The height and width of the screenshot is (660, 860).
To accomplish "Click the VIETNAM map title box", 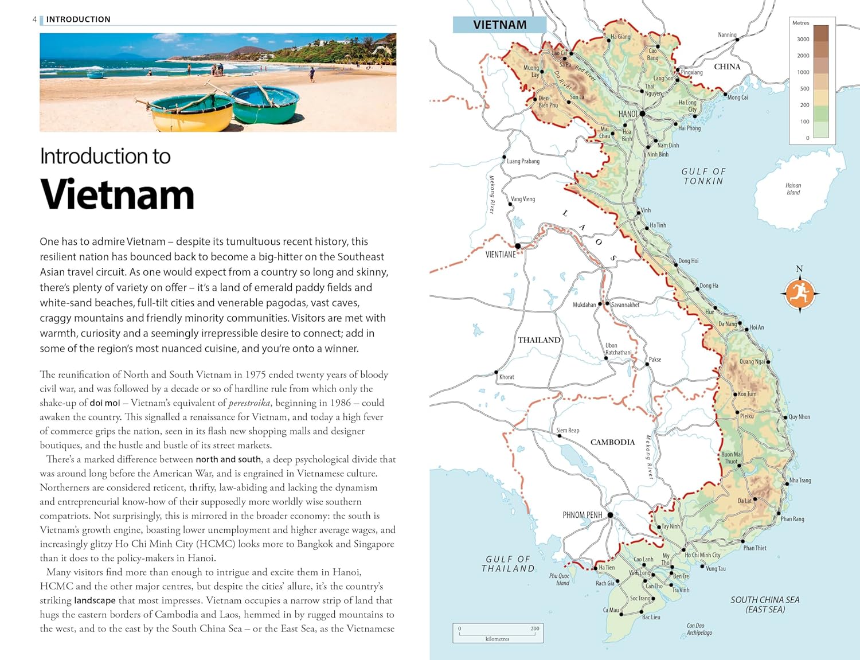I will click(x=499, y=25).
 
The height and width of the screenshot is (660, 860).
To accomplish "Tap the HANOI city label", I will click(x=628, y=114).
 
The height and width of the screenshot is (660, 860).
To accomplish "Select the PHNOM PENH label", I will click(x=582, y=515).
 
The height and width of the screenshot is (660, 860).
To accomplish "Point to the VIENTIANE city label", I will click(x=501, y=255).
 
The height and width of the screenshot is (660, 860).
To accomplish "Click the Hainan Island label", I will click(x=793, y=189).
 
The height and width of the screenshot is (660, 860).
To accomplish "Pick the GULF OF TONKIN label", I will click(x=703, y=176).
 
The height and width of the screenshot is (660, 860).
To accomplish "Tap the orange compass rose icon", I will click(x=799, y=293).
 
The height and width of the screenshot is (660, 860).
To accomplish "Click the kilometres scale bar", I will click(x=497, y=633).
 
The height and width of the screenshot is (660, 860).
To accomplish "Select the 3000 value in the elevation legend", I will click(x=803, y=39).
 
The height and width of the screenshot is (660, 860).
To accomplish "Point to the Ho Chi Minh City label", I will click(x=702, y=555).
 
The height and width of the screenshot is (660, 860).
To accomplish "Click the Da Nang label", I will click(x=728, y=324).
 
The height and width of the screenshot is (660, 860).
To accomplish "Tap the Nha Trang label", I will click(x=800, y=481).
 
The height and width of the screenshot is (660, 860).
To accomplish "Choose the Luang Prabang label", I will click(x=523, y=161).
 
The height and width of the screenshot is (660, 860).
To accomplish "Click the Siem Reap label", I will click(x=568, y=430).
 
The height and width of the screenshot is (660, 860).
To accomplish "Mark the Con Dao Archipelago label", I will click(x=699, y=629).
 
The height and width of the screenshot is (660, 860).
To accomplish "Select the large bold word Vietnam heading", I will click(x=118, y=195).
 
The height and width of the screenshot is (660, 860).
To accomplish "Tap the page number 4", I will click(x=34, y=19).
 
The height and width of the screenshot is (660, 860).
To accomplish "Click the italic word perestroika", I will click(x=249, y=403).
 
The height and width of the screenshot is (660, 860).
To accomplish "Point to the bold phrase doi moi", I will click(x=105, y=403).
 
